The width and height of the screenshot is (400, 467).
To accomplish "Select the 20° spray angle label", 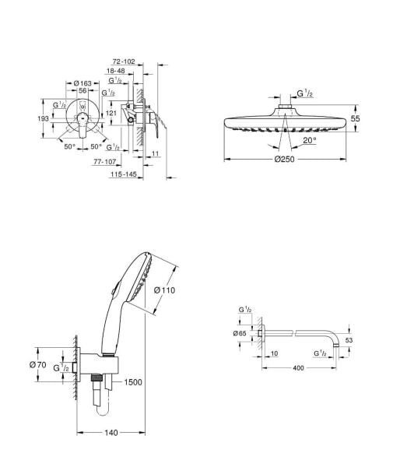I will pyautogui.click(x=309, y=140).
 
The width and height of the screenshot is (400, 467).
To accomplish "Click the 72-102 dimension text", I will pyautogui.click(x=124, y=60).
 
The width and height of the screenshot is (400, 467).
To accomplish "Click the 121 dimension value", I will pyautogui.click(x=111, y=113).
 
